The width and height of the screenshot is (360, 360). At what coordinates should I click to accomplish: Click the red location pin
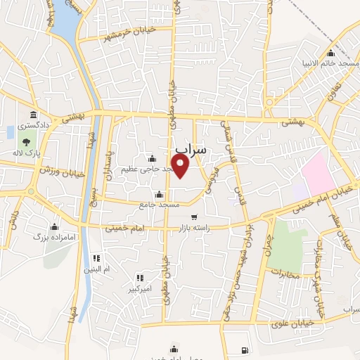pos(181,166)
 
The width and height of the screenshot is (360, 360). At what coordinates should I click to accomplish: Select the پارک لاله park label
pos(25,153)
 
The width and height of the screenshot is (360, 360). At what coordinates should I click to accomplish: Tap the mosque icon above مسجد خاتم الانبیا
pos(330,53)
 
